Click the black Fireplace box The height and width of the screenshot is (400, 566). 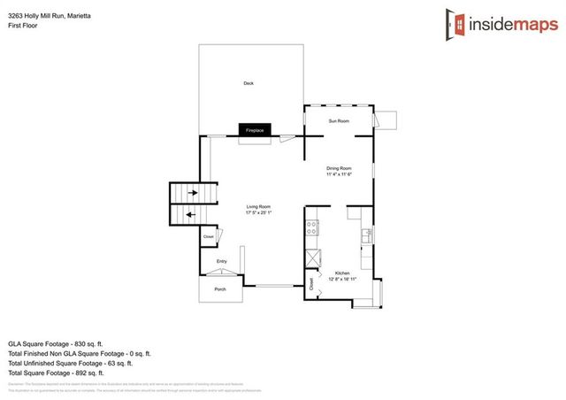[x=255, y=130]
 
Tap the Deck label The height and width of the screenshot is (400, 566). [x=249, y=84]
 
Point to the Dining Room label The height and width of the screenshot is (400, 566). [x=340, y=168]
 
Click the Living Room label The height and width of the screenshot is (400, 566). [x=258, y=207]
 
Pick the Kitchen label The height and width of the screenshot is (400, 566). [x=343, y=273]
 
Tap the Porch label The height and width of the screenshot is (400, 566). [x=220, y=289]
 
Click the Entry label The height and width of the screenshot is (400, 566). [x=222, y=261]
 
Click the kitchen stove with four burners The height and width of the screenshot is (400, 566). [x=312, y=227]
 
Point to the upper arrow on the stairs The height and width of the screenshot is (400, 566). [x=187, y=192]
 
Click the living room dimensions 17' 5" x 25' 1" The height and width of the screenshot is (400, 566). [x=258, y=213]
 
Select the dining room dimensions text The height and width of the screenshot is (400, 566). [x=340, y=174]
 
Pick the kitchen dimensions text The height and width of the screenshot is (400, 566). [x=343, y=279]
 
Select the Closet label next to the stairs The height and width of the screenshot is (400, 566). [x=209, y=236]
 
